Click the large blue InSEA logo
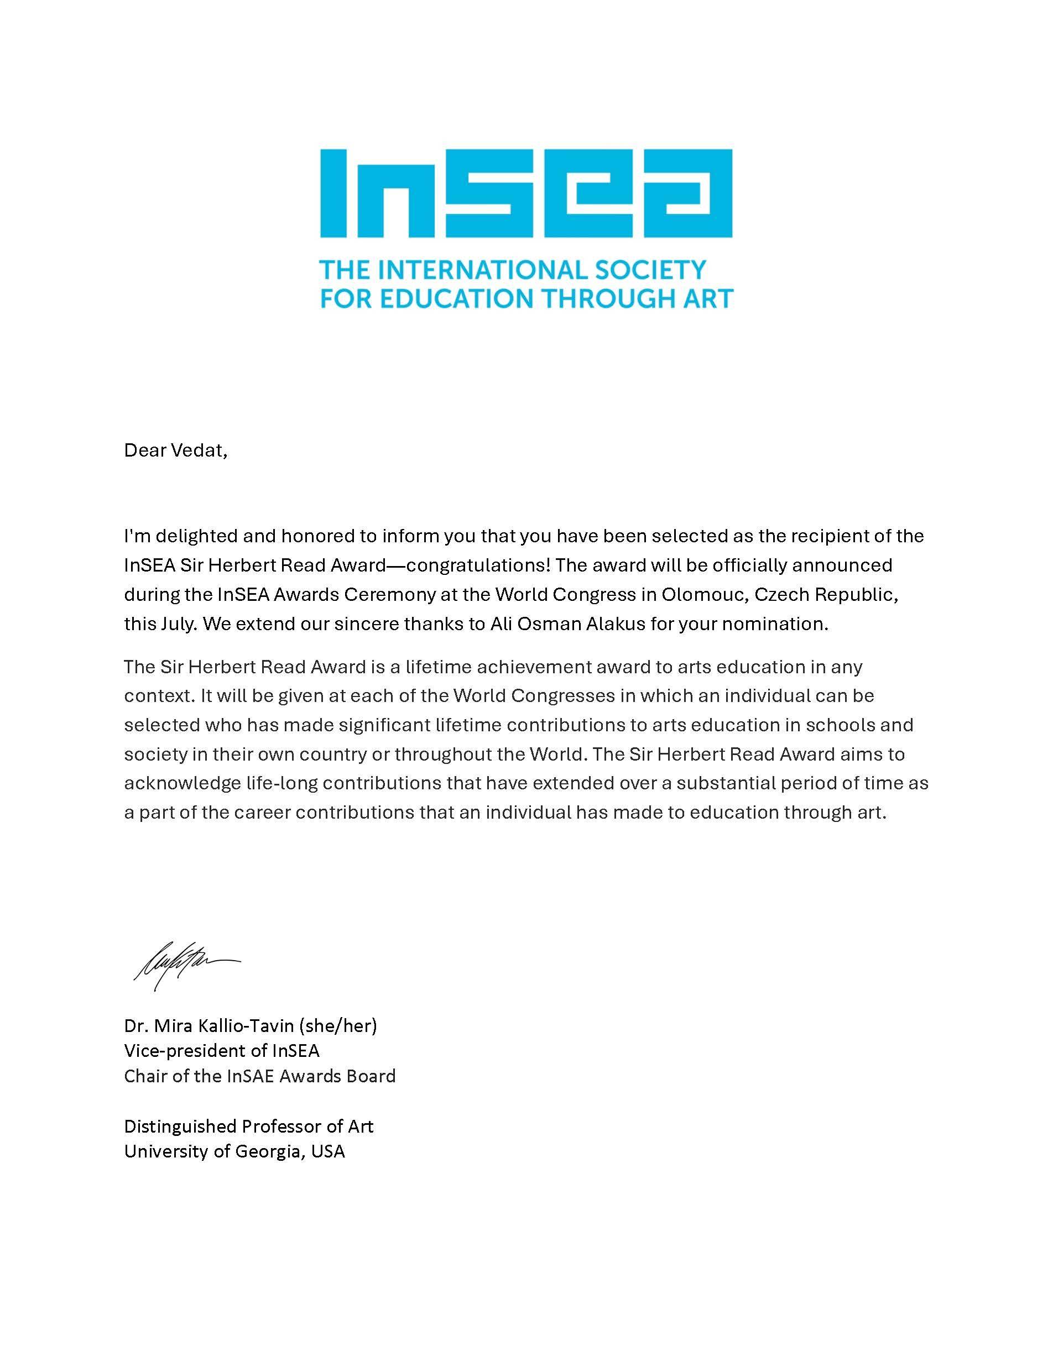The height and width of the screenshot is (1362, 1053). pyautogui.click(x=526, y=193)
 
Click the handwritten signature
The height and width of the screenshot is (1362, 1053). pyautogui.click(x=185, y=965)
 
